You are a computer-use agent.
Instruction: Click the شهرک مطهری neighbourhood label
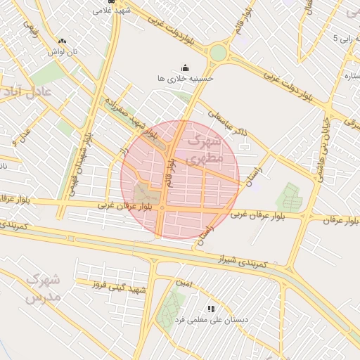pos(206,150)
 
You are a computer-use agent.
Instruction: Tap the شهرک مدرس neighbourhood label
pos(43,288)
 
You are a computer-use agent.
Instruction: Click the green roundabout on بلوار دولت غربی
pos(218,53)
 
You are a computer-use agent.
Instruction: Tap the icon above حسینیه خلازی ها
pos(185,67)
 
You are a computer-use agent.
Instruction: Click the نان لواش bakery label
pos(62,52)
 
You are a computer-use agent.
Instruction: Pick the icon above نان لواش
pos(63,41)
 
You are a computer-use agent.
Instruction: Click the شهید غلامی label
pos(112,11)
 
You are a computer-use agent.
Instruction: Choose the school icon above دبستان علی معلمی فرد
pos(211,309)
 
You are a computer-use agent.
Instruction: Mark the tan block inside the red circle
pos(146,192)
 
